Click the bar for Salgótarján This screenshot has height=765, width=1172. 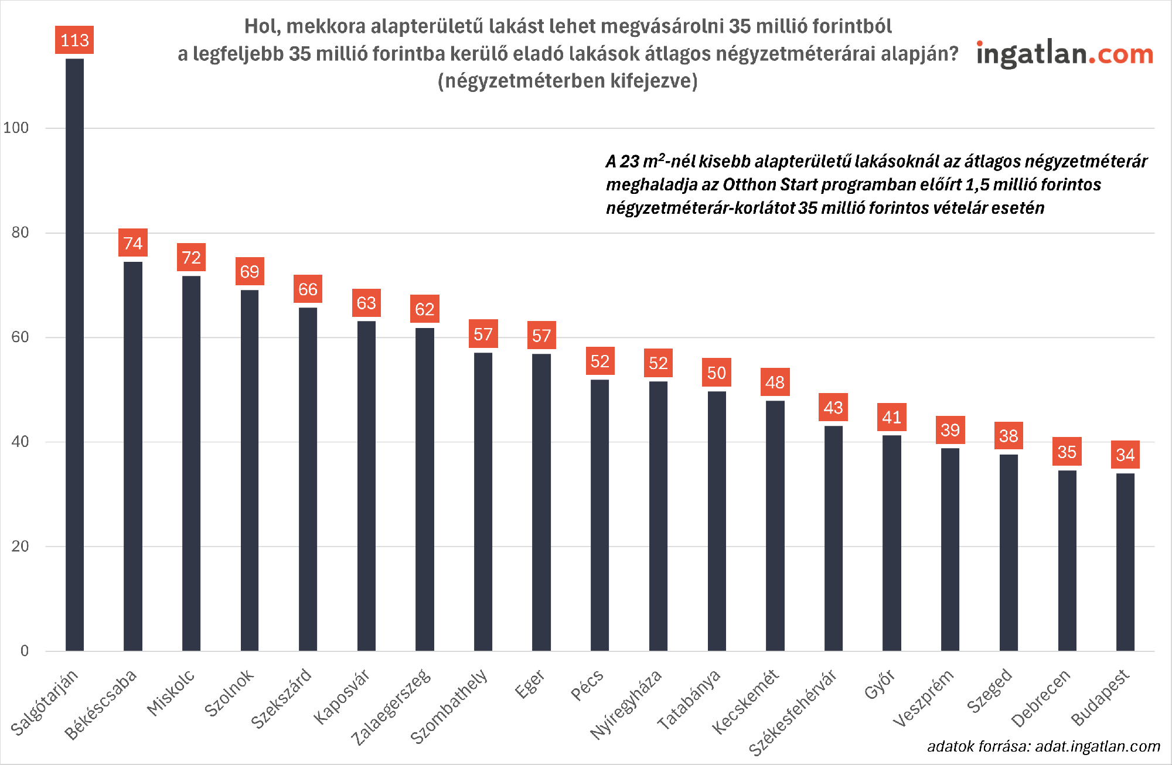click(74, 354)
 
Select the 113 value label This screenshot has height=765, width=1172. click(74, 40)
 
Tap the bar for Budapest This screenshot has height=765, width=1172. click(1125, 562)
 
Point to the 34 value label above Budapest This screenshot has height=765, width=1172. click(1125, 455)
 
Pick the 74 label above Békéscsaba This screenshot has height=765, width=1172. click(133, 243)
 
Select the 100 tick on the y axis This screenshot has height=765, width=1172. click(16, 128)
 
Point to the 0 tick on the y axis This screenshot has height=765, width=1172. click(24, 651)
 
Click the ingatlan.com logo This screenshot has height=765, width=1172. click(1064, 54)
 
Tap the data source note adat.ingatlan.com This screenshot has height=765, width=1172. click(1043, 746)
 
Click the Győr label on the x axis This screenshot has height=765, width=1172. click(880, 685)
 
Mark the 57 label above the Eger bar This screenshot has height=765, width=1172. click(541, 336)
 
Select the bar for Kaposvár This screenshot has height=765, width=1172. click(366, 486)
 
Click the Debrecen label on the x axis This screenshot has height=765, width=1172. click(1041, 698)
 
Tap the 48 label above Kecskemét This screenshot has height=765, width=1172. click(775, 382)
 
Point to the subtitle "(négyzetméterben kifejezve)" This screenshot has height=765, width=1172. click(567, 81)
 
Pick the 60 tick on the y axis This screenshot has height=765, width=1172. click(20, 337)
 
